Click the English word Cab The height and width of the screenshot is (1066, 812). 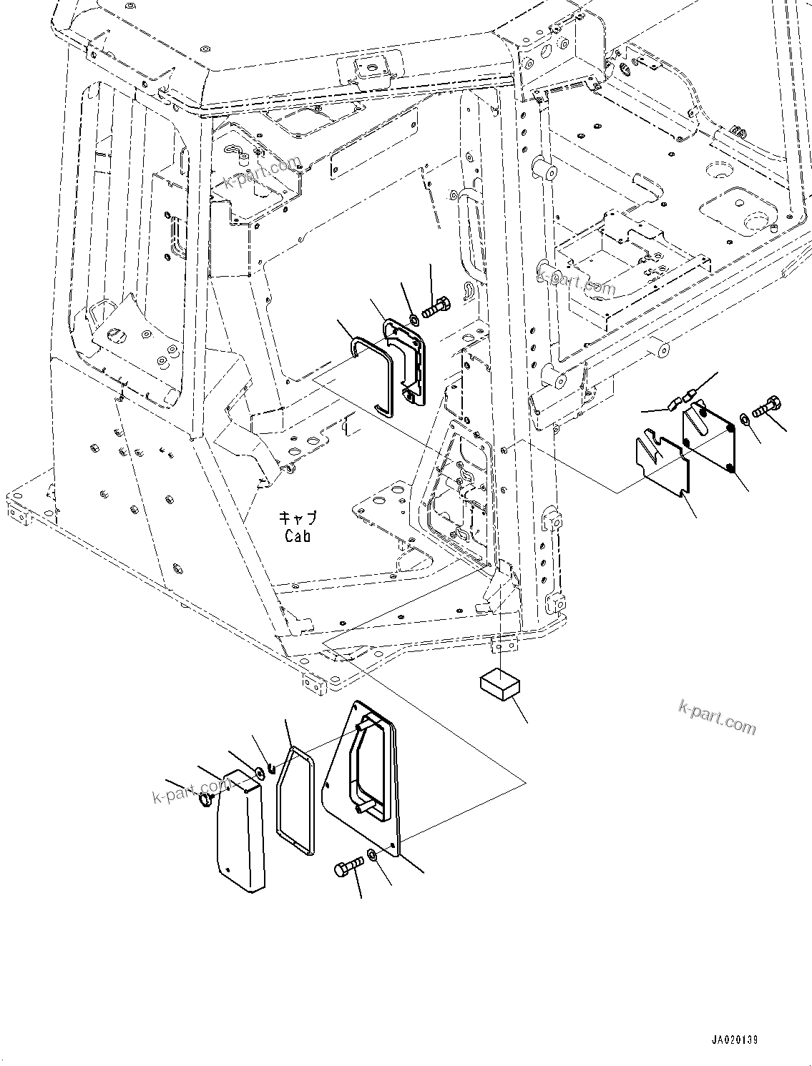298,536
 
